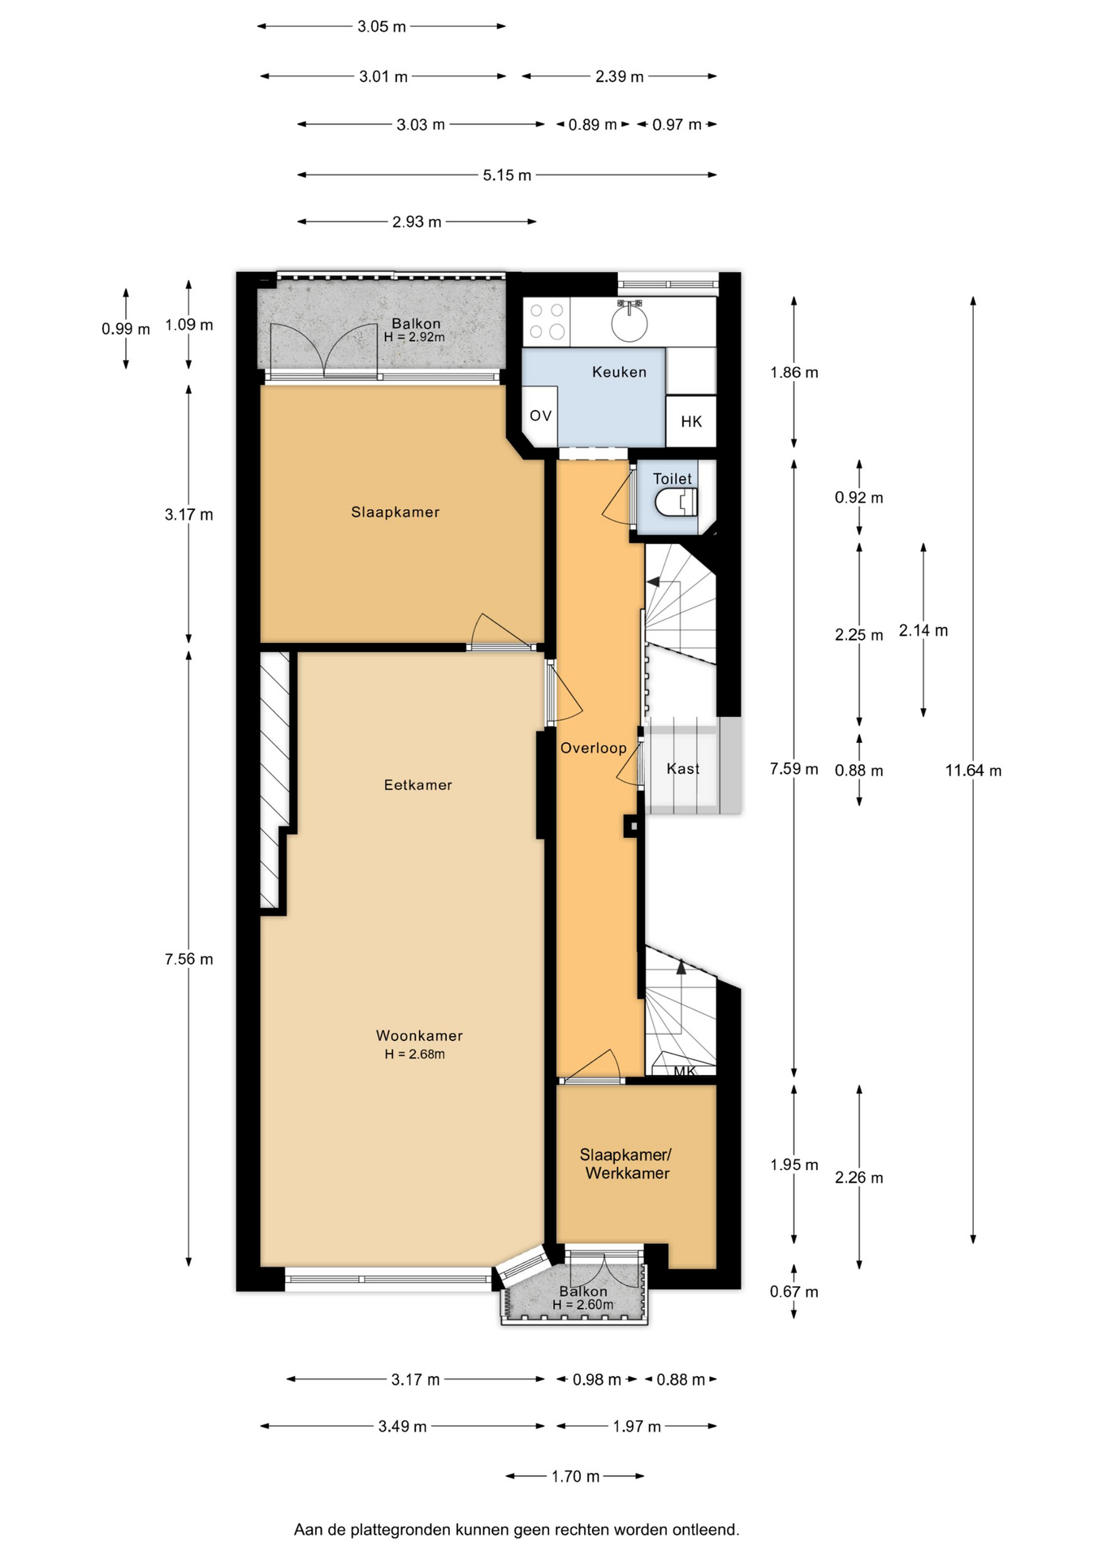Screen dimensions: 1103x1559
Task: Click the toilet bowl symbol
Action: (x=676, y=503)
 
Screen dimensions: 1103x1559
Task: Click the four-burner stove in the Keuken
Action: (x=546, y=321)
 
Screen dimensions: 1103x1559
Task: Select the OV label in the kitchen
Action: (x=540, y=416)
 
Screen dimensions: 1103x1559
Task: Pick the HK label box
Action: (x=691, y=421)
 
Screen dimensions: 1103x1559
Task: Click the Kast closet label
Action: (x=683, y=768)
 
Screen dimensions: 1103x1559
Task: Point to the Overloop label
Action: (x=594, y=748)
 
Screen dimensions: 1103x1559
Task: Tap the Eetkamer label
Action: (x=418, y=784)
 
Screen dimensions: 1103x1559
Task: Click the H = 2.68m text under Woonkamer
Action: (x=415, y=1054)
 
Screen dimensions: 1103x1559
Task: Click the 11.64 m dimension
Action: (x=973, y=771)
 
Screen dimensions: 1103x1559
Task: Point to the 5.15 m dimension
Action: (x=507, y=175)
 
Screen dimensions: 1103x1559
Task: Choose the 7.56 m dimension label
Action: (x=189, y=959)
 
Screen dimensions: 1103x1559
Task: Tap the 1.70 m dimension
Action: (x=575, y=1476)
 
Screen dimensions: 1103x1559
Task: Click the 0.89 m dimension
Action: (x=592, y=124)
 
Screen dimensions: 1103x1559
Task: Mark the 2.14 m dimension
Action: (x=923, y=630)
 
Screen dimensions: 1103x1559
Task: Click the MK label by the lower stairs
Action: (x=686, y=1071)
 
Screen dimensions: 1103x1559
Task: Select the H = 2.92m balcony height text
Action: (x=414, y=337)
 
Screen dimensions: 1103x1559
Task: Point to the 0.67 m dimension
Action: (x=794, y=1291)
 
